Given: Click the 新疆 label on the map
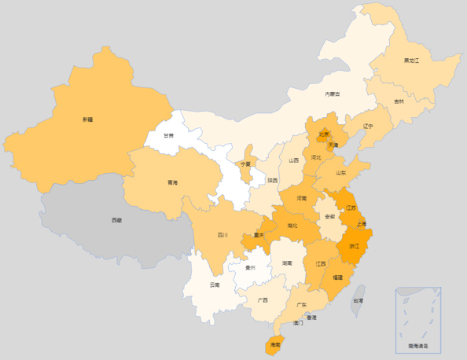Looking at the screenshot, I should (x=86, y=119).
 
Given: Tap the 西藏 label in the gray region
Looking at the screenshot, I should (x=116, y=220).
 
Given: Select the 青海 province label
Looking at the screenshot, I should (x=172, y=182).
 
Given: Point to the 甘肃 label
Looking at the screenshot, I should (x=169, y=135).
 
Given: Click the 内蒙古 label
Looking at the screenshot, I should (x=333, y=94).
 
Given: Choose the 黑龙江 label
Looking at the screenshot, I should (x=411, y=61).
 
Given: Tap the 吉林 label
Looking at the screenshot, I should (x=399, y=101).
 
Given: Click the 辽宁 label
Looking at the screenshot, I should (x=369, y=126).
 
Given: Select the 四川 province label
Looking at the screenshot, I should (x=222, y=235).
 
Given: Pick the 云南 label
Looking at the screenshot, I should (x=215, y=285).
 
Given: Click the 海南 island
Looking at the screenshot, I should (x=274, y=344).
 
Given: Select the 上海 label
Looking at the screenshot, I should (x=361, y=223).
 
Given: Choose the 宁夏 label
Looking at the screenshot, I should (x=245, y=164).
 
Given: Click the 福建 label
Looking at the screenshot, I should (x=336, y=277).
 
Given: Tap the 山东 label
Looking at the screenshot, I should (x=341, y=173).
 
